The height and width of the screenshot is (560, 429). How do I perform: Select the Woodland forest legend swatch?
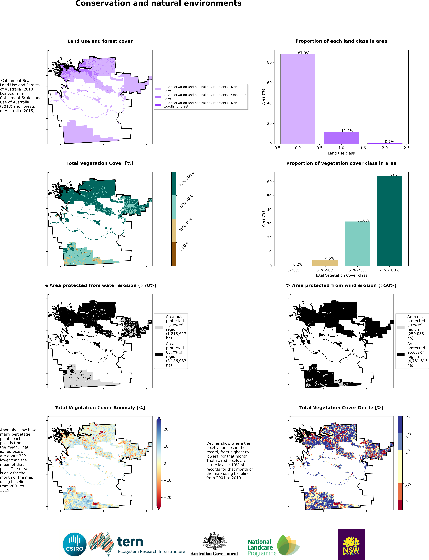[158, 97]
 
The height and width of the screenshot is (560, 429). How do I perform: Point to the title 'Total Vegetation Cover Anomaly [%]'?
[100, 407]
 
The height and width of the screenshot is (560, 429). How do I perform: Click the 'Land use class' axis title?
[341, 153]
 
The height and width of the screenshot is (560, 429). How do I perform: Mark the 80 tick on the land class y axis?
[269, 62]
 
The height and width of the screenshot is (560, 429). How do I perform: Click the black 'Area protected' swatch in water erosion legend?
[159, 355]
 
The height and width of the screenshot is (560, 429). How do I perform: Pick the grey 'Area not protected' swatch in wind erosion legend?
[400, 328]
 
